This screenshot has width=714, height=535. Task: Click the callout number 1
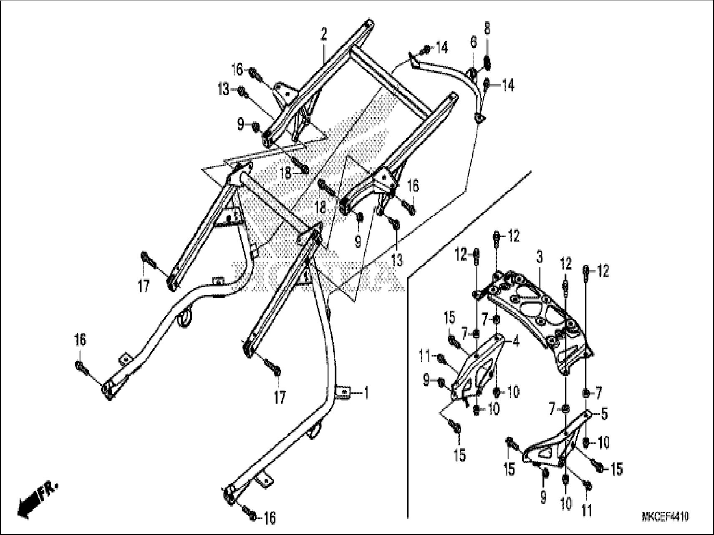tap(366, 392)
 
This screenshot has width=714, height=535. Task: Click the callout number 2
tap(324, 35)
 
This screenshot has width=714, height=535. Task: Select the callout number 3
tap(539, 257)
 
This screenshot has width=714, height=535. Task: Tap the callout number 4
tap(516, 342)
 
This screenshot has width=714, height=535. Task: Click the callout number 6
tap(473, 42)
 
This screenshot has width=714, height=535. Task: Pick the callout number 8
tap(487, 28)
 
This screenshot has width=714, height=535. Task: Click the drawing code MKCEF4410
tap(665, 517)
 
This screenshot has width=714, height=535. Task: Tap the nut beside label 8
tap(487, 63)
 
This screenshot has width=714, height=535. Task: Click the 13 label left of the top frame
tap(223, 89)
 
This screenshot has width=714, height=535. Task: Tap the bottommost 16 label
tap(270, 518)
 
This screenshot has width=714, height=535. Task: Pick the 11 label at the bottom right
tap(587, 511)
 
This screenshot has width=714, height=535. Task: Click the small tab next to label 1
tap(343, 392)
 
